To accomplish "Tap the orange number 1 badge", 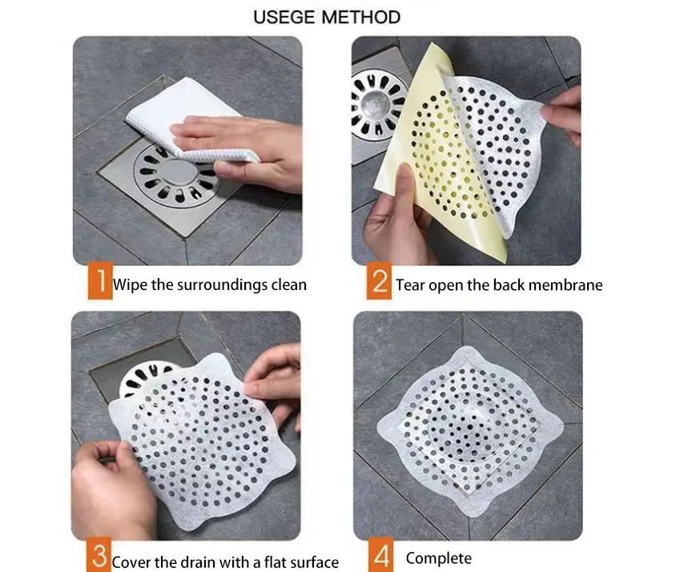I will click(99, 284).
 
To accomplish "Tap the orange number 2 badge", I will click(379, 284).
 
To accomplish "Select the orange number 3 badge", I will click(99, 557).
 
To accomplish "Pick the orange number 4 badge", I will click(379, 557).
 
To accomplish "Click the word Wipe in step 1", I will click(131, 284).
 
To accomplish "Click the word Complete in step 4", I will click(438, 558).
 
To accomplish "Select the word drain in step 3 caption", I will click(208, 562).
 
